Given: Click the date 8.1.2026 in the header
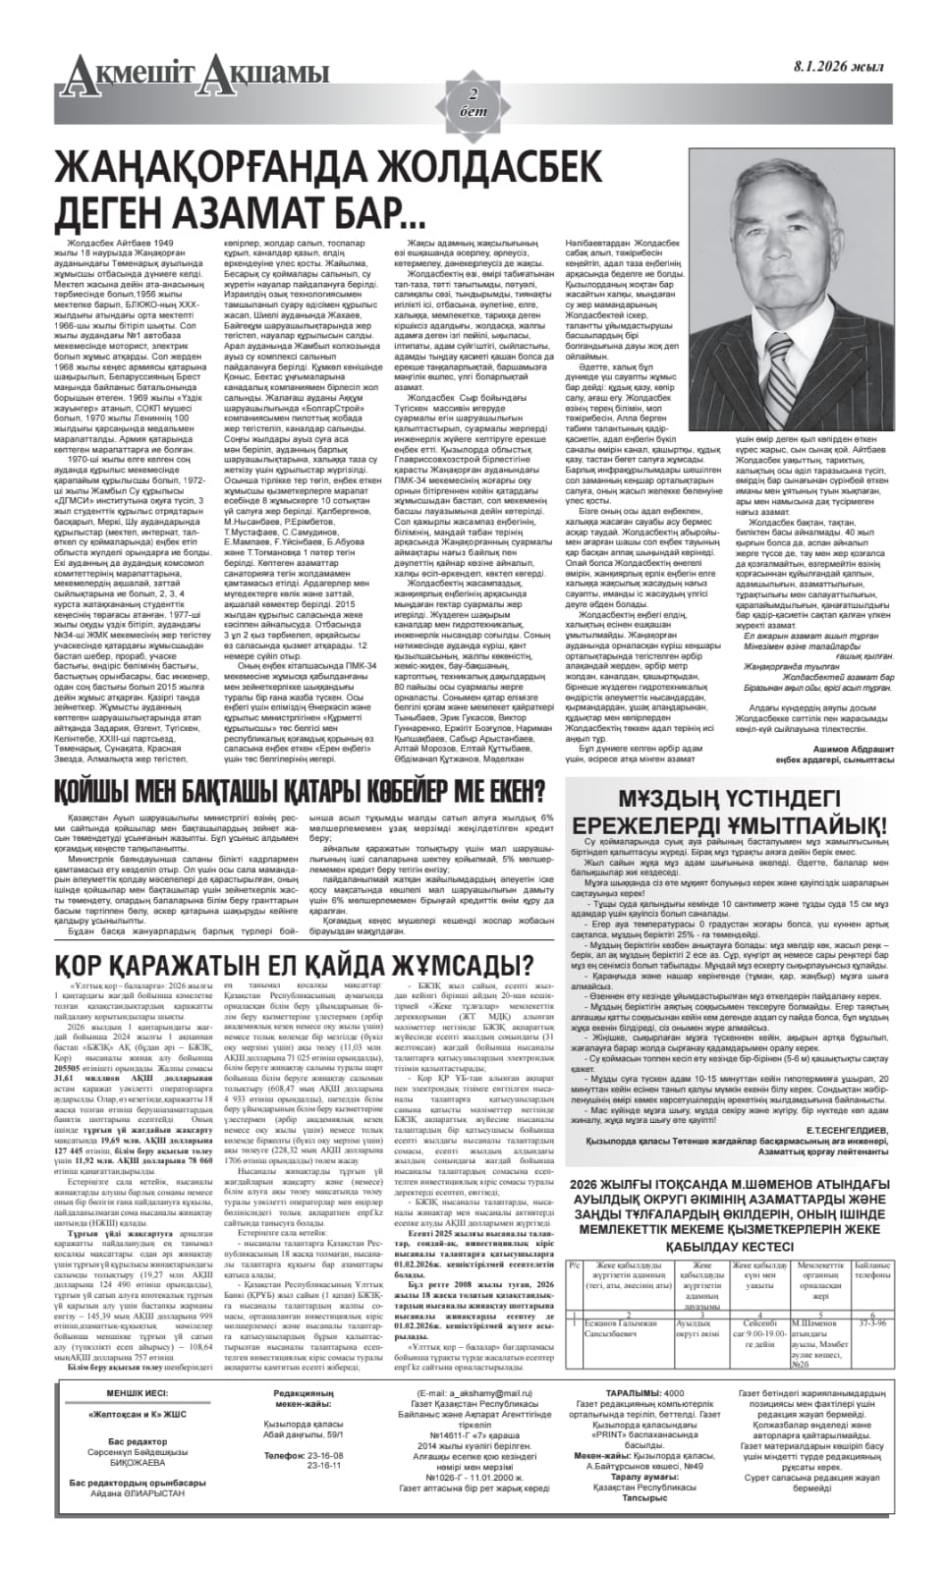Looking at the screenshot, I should pos(837,66).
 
